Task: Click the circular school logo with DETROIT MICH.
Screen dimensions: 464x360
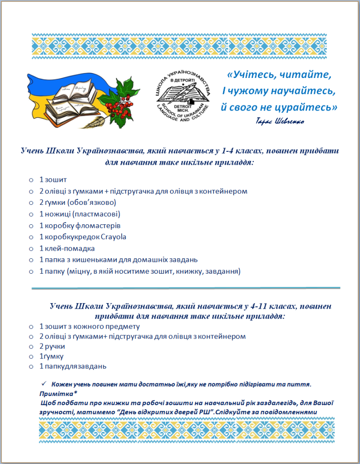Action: point(183,97)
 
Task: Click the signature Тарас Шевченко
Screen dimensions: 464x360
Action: point(280,122)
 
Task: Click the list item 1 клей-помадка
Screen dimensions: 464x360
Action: point(67,248)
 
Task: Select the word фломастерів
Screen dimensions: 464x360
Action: point(95,225)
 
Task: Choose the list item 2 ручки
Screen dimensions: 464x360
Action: point(52,346)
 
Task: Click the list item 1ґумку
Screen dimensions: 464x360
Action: point(51,356)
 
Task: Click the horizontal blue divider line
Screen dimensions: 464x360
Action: point(186,287)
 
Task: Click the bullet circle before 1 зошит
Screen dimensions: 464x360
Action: point(31,180)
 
